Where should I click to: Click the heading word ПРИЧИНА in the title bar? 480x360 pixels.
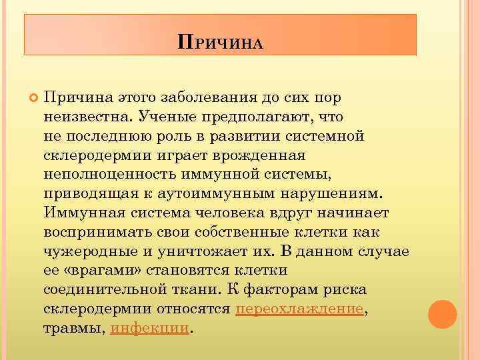221,43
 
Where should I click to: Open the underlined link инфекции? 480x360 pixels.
150,329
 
